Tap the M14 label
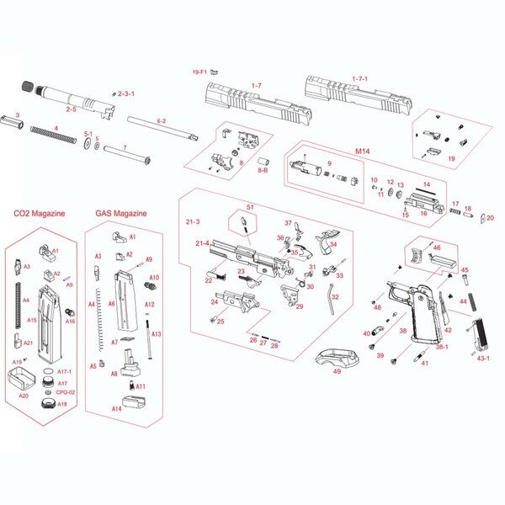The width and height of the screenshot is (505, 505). click(x=363, y=151)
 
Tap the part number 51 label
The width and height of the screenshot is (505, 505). click(x=250, y=207)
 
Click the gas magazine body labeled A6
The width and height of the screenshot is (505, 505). click(x=125, y=302)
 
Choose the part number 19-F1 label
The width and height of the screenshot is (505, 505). click(x=199, y=72)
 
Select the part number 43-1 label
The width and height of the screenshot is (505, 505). click(x=483, y=358)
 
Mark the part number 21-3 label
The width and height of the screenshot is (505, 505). click(x=192, y=221)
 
